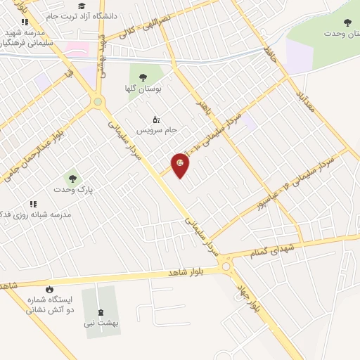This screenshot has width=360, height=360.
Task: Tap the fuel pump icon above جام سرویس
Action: [x=155, y=120]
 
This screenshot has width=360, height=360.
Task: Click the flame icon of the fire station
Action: [x=49, y=290]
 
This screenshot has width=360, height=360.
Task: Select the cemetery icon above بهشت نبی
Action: [x=98, y=312]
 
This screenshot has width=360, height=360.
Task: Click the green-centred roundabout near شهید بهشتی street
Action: [x=98, y=103]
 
